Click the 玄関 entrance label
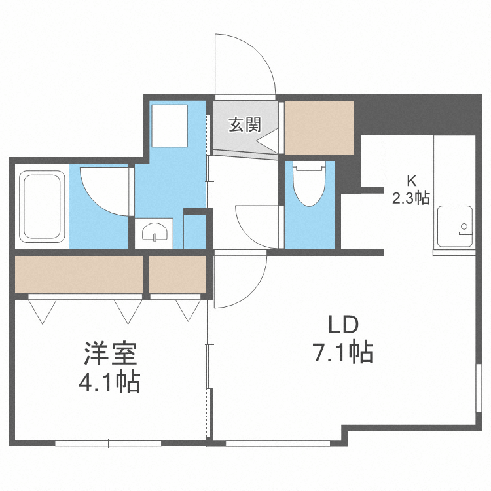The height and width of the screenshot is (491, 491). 244,124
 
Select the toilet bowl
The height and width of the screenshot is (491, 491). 309,187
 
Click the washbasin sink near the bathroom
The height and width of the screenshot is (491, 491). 155,232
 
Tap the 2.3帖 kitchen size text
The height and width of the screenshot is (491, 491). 411,198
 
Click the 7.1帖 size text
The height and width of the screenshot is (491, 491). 343,354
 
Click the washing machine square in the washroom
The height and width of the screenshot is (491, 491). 170,126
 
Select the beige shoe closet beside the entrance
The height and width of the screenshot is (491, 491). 319,126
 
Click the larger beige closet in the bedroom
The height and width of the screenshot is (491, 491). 79,274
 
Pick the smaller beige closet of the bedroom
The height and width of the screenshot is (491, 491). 178,274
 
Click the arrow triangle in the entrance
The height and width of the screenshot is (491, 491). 267,143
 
